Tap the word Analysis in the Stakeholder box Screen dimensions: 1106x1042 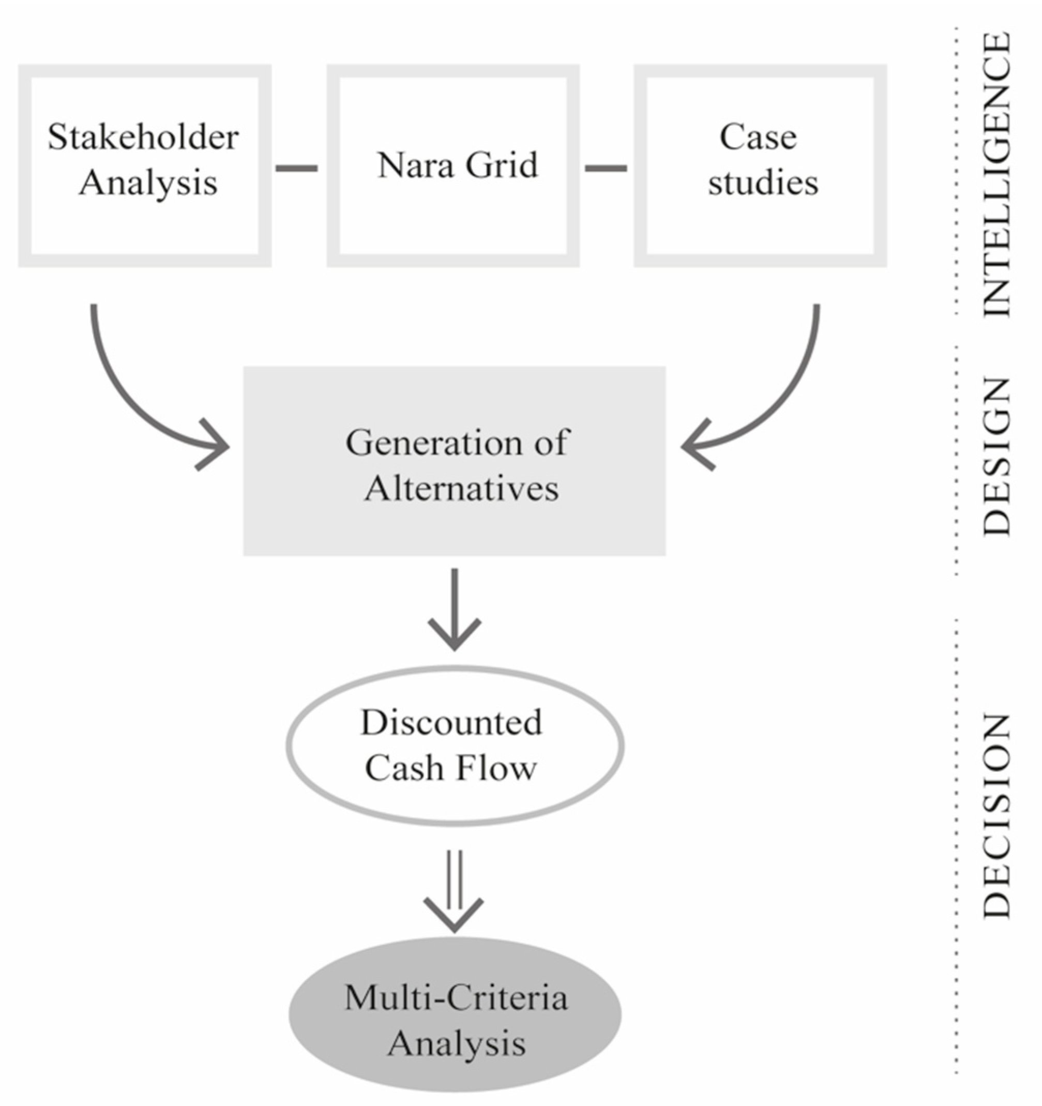[148, 183]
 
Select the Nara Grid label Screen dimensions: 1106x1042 [457, 165]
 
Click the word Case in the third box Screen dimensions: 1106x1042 [758, 137]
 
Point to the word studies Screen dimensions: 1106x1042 [763, 183]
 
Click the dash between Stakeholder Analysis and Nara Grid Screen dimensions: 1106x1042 [296, 168]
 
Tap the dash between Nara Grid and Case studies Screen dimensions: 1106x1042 [606, 168]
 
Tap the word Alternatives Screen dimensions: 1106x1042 [461, 489]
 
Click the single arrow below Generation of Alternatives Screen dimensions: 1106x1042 [455, 612]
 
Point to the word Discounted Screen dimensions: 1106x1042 [451, 723]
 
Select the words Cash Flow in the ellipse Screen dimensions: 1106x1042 [450, 769]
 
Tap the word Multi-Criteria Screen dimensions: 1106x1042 [456, 997]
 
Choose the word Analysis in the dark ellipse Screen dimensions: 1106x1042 [456, 1043]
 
